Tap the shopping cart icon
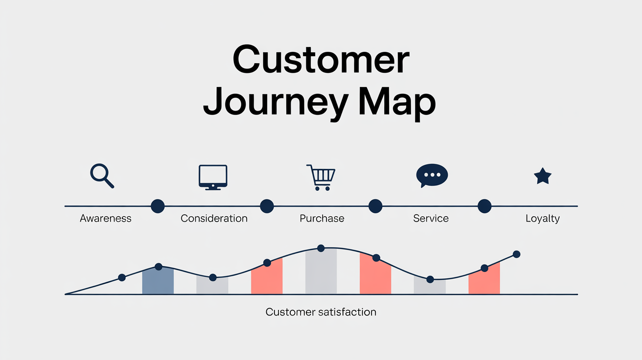321,177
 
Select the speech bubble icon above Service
432,176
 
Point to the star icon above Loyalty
542,176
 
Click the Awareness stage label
106,218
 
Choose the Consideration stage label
214,218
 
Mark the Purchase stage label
321,218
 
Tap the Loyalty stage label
542,218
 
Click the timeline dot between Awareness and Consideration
158,206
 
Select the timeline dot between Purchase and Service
375,206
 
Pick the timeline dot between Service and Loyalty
484,206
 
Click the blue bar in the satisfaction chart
158,281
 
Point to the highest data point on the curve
321,248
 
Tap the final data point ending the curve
516,254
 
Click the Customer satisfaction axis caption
321,312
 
